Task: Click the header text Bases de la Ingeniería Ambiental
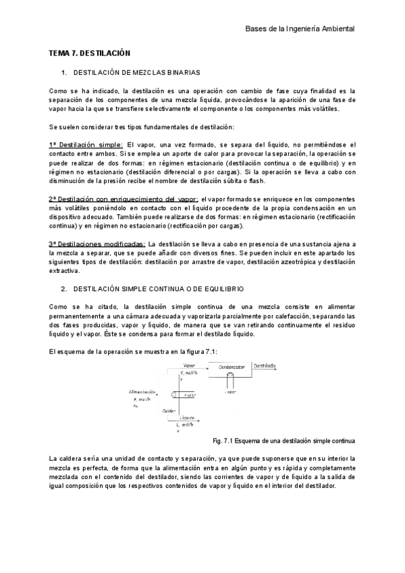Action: point(299,29)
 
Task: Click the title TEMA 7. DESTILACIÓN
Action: point(89,53)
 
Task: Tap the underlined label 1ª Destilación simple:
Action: point(86,145)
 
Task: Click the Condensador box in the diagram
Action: point(229,370)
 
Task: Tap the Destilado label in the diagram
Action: point(265,366)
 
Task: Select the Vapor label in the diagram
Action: point(189,366)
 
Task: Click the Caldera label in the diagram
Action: point(169,411)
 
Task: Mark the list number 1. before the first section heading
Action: point(64,72)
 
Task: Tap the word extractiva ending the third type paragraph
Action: point(65,271)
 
